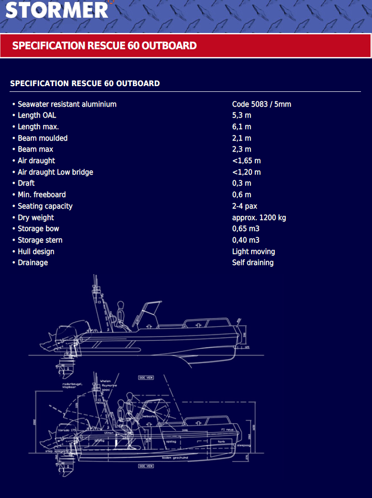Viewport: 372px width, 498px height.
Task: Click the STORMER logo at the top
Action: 56,10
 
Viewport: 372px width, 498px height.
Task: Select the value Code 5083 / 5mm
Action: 262,104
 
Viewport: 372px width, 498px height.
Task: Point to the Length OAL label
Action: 37,115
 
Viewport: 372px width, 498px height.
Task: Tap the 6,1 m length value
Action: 241,127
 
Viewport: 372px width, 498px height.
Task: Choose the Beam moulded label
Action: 43,138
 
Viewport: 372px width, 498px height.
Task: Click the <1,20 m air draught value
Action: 246,172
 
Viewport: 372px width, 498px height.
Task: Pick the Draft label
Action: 26,183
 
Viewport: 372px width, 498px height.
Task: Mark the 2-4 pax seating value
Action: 244,206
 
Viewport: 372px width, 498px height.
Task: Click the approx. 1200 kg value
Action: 259,218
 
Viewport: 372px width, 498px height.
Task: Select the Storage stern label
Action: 40,240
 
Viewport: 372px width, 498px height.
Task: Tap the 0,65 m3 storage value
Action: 246,229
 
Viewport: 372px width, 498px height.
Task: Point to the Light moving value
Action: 253,252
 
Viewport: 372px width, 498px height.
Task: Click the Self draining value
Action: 253,263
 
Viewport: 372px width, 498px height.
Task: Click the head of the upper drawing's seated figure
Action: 121,304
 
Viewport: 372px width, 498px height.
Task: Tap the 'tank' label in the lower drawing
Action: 221,442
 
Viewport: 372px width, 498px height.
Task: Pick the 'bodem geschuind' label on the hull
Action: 175,457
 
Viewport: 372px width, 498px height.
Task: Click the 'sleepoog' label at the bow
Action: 243,444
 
